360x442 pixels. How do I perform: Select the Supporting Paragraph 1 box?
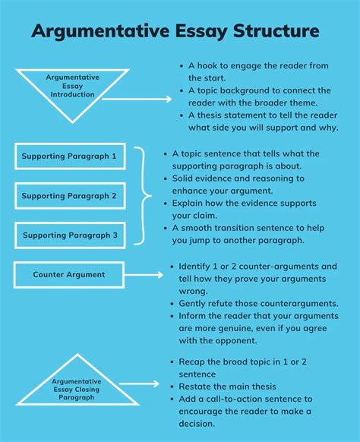[69, 156]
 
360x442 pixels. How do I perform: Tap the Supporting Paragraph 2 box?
[69, 196]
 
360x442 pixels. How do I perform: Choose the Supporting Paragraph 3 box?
[69, 235]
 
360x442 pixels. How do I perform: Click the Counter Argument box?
[69, 274]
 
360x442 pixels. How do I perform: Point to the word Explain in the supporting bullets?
[193, 204]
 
